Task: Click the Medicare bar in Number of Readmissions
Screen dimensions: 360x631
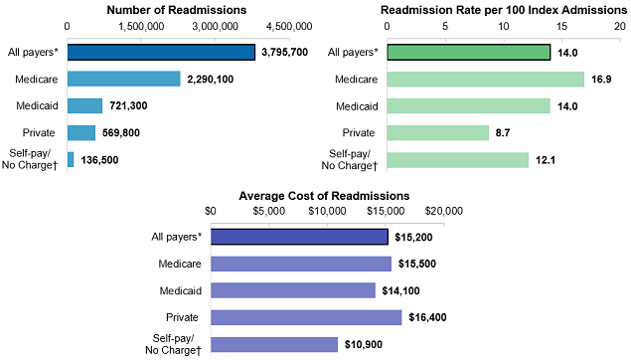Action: click(123, 79)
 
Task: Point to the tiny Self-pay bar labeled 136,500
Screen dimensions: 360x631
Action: click(71, 159)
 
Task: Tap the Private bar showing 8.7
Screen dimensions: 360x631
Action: click(438, 132)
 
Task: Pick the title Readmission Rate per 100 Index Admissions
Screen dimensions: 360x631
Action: click(502, 10)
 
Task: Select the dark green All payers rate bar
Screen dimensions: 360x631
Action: click(469, 52)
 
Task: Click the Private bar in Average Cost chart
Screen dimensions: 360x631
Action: click(306, 317)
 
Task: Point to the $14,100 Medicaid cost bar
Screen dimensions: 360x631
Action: click(293, 290)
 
